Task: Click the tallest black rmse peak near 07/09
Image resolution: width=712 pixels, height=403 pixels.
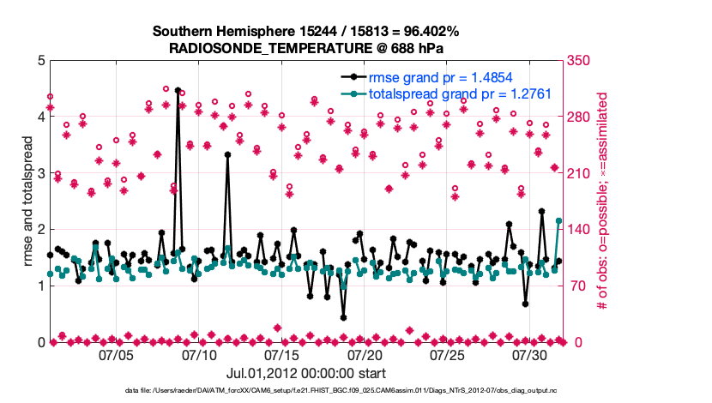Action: [x=178, y=90]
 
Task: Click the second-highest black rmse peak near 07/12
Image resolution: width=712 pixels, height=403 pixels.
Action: [x=227, y=154]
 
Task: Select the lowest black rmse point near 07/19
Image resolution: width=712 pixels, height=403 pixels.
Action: [x=343, y=317]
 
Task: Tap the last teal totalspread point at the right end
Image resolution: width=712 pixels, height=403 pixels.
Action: [x=558, y=220]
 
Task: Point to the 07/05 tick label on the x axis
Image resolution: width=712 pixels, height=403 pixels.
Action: [x=117, y=354]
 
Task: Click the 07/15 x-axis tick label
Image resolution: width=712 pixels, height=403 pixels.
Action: [x=282, y=354]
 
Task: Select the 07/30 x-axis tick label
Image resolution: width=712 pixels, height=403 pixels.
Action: [x=530, y=354]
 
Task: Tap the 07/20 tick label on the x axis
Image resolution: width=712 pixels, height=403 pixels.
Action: [x=365, y=354]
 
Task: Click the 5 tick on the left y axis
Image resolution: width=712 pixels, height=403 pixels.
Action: [x=39, y=61]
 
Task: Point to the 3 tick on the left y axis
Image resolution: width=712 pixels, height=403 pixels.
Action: [x=39, y=173]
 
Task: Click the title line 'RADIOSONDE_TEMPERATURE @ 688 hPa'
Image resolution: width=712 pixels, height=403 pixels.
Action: [x=305, y=48]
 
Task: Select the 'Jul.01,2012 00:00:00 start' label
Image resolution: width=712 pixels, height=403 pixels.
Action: [x=305, y=373]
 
